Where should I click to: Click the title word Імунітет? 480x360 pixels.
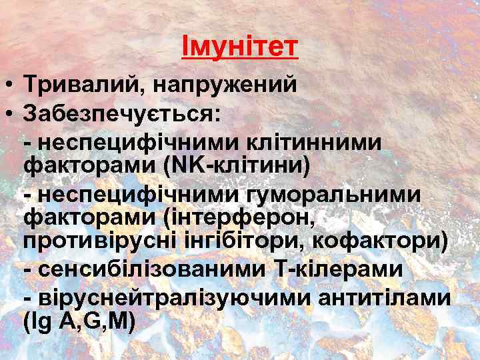[239, 47]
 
